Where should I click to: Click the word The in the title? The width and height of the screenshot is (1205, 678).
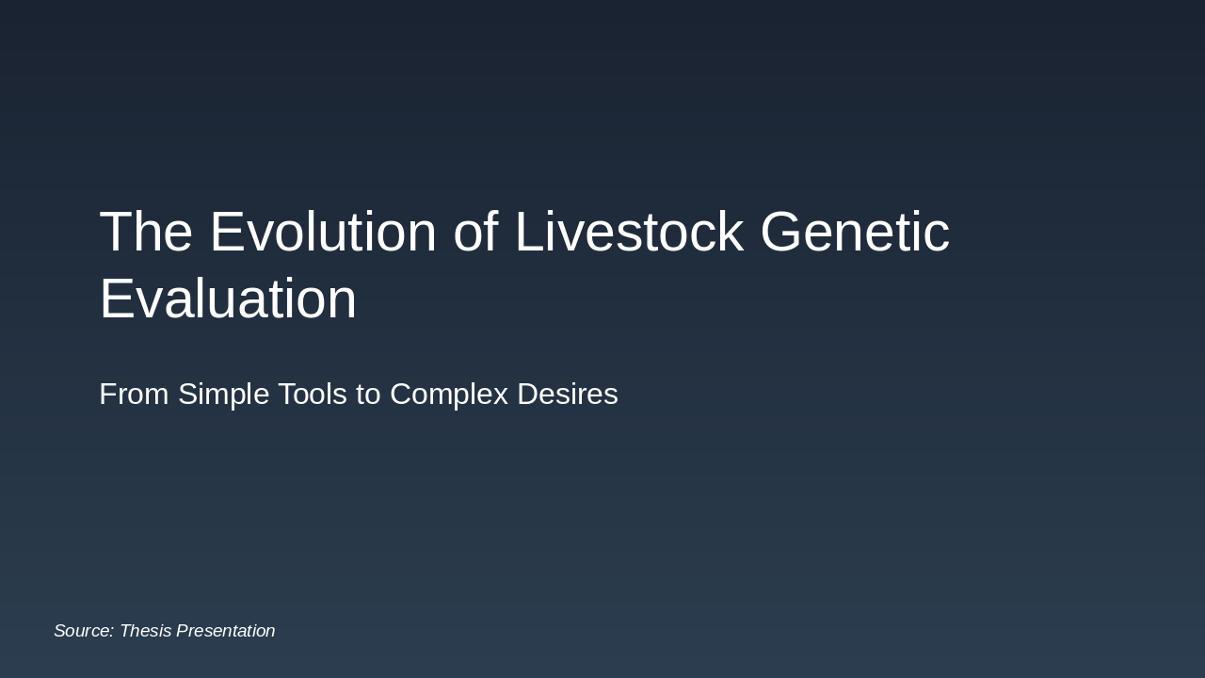pos(146,233)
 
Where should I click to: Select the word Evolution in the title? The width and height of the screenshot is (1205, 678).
pos(323,233)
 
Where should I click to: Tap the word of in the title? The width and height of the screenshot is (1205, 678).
pos(475,233)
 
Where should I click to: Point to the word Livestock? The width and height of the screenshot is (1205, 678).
pos(629,233)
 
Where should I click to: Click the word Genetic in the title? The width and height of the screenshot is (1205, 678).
pos(855,233)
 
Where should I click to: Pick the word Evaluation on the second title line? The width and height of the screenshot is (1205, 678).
pos(228,299)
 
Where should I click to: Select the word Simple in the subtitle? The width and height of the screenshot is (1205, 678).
pos(224,395)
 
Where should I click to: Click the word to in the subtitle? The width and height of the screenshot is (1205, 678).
pos(368,395)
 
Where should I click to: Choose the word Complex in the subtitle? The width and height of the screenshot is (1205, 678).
pos(447,395)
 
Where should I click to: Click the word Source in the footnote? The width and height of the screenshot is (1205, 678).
pos(83,631)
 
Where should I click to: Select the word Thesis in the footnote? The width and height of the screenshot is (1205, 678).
pos(145,631)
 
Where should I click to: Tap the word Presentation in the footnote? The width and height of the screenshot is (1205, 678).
pos(226,631)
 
